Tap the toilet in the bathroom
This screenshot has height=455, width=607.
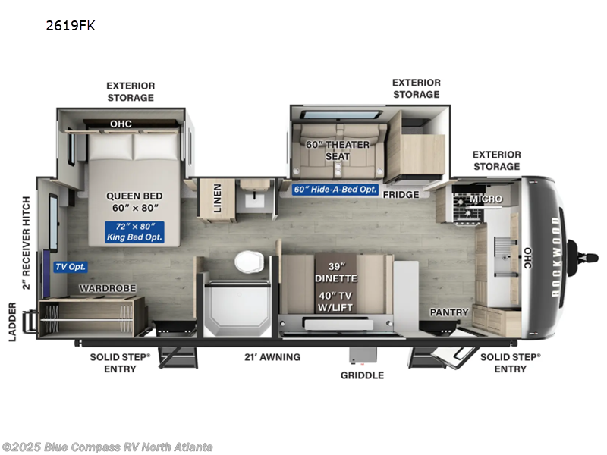[250, 262]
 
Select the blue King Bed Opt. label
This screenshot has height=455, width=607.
[134, 232]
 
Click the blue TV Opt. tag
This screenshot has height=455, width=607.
[70, 266]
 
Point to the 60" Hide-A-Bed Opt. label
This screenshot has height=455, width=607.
[335, 190]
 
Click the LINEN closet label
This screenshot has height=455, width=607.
[217, 198]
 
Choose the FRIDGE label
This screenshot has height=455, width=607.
[401, 195]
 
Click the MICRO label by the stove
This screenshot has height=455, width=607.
[486, 199]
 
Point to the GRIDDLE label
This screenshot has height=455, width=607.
[362, 375]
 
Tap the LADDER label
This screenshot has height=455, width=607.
[13, 322]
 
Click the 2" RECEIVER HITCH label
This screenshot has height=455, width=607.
[26, 243]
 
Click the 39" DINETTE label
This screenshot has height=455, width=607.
[335, 271]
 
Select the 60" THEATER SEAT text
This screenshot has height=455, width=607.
[338, 150]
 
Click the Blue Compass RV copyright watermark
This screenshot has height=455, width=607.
[107, 447]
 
